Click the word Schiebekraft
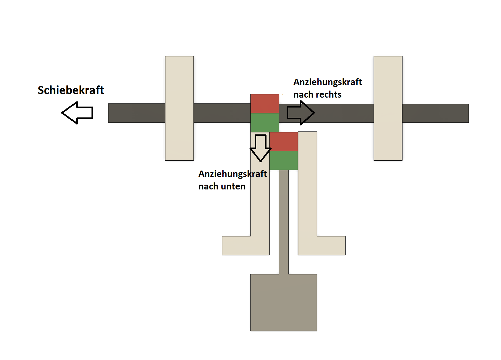(71, 90)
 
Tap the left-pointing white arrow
(77, 113)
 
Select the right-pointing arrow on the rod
(301, 113)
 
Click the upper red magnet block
(265, 104)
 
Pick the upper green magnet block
(265, 123)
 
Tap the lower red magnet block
(283, 141)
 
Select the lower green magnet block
(283, 160)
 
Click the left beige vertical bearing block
(179, 108)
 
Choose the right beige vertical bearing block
(388, 108)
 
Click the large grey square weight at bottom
(283, 302)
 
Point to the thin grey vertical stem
(283, 222)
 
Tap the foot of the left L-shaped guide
(246, 246)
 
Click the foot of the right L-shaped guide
(322, 246)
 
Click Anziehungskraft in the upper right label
(327, 82)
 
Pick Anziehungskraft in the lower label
(233, 174)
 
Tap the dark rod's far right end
(468, 113)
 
